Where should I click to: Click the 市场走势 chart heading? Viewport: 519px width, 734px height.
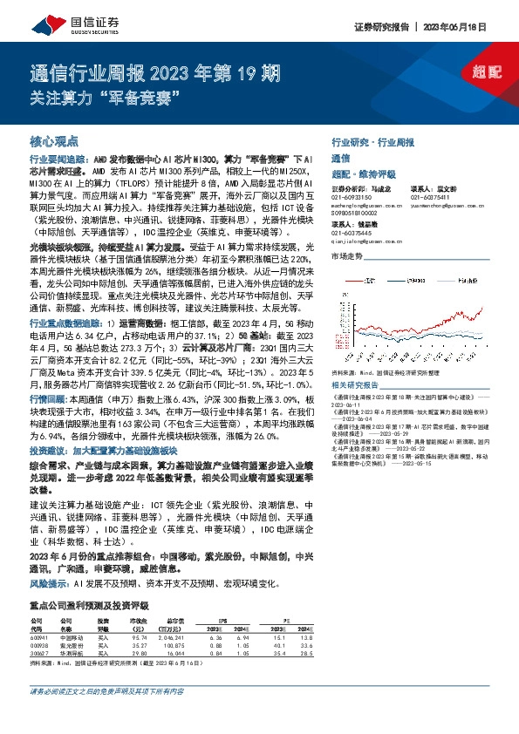point(347,256)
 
